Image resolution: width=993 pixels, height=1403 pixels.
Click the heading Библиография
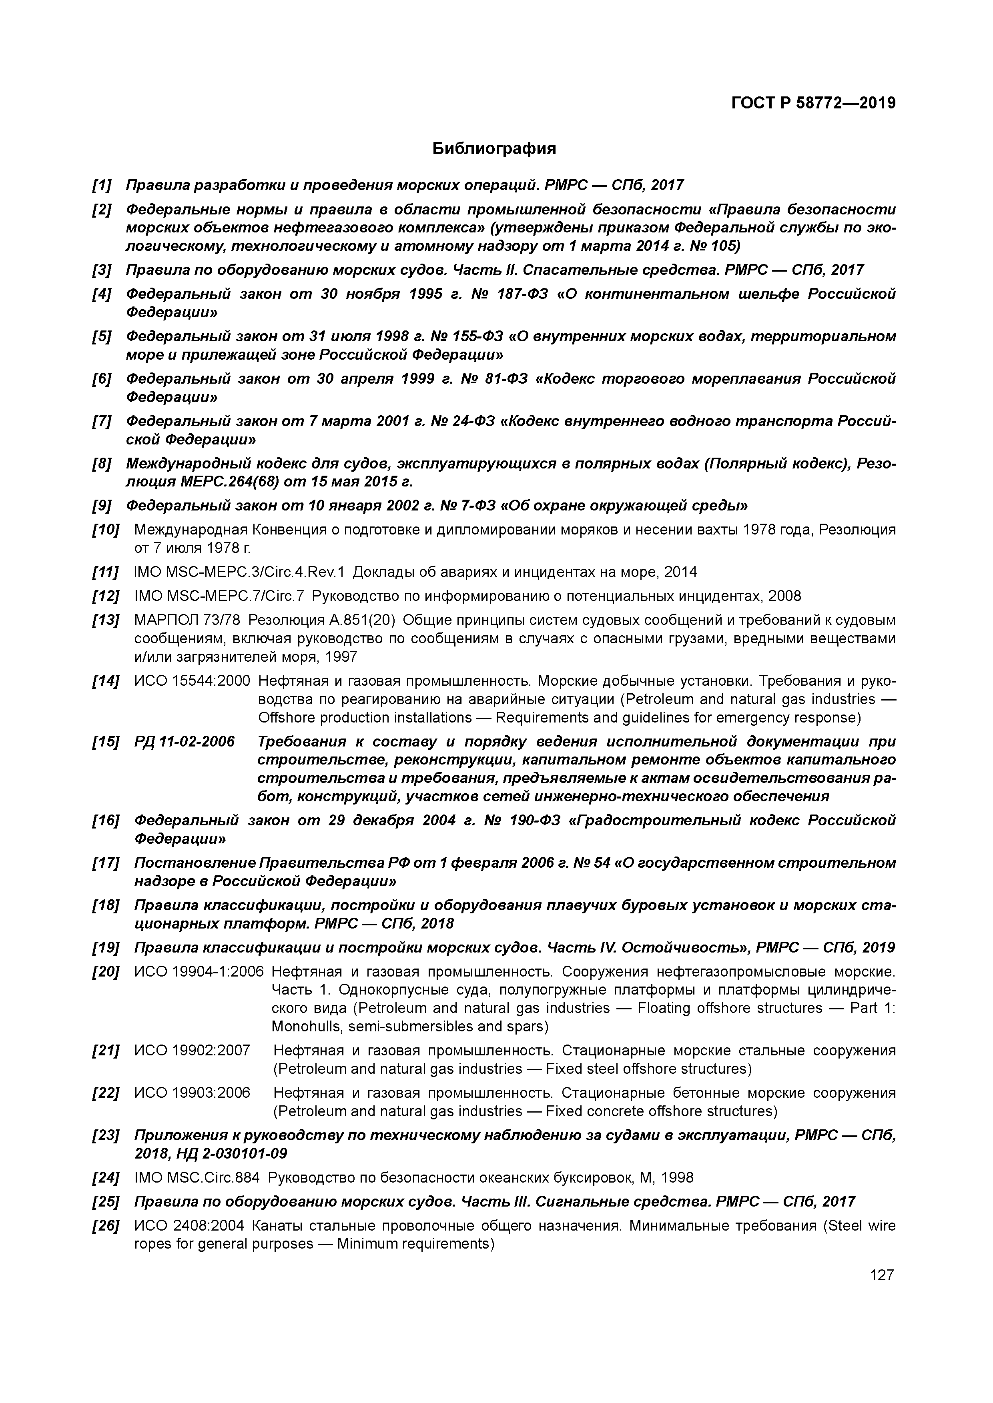[x=494, y=148]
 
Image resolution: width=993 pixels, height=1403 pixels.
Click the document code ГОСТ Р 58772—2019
[x=813, y=103]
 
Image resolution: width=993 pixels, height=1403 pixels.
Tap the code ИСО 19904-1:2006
[x=199, y=972]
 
